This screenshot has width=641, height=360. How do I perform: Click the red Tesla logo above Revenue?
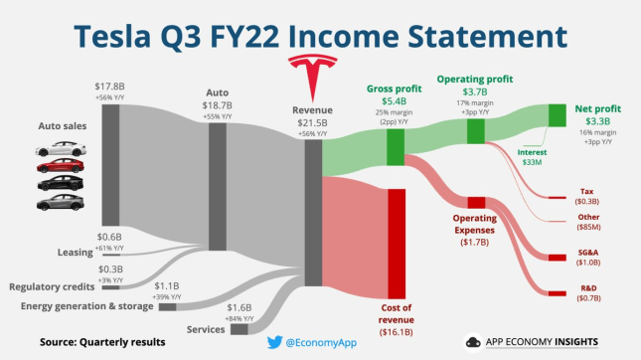(311, 74)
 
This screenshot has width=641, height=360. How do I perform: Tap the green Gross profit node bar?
(395, 147)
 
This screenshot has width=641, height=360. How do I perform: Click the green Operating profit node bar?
(475, 130)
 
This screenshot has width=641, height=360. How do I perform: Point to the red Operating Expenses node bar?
(476, 203)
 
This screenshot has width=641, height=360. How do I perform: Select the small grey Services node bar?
(240, 328)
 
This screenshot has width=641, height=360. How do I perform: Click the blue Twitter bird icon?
(274, 342)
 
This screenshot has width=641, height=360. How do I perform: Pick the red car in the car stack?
(57, 166)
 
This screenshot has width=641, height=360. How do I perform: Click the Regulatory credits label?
(49, 287)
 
